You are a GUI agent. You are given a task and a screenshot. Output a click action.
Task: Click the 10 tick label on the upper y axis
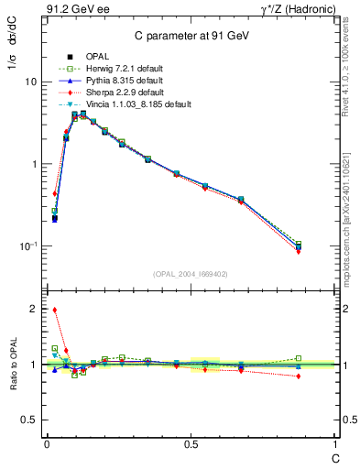point(30,82)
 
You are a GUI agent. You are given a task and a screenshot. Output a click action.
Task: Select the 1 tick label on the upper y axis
point(33,164)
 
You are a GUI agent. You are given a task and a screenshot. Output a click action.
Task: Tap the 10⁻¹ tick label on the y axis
point(27,245)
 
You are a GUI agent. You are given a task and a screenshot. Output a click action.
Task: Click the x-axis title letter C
point(333,455)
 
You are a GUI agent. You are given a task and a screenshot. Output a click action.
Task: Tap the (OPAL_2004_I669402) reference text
point(191,274)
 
